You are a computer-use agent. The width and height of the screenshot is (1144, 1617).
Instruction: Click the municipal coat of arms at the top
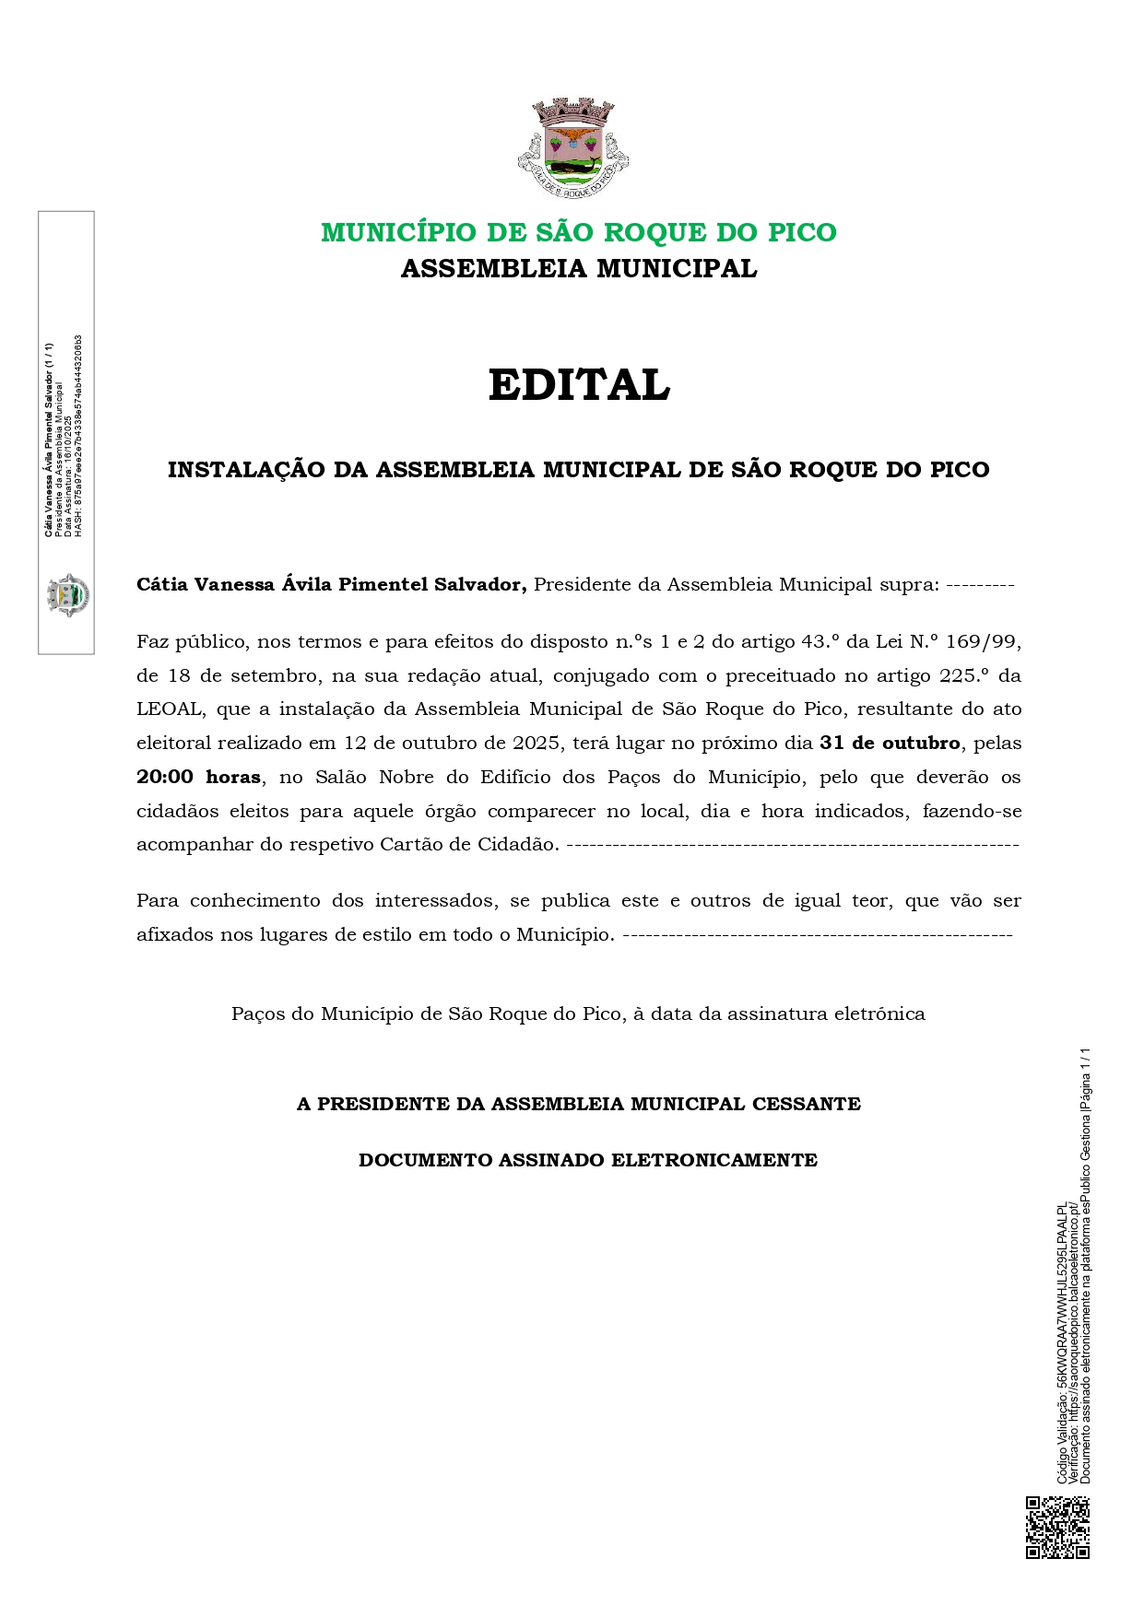click(x=573, y=147)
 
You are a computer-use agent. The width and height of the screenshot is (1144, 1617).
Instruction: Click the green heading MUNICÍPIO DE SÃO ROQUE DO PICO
click(x=579, y=232)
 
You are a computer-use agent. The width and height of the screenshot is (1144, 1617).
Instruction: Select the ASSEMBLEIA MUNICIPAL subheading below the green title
click(x=579, y=269)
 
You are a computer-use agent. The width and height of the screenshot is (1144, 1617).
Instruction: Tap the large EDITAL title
click(x=579, y=385)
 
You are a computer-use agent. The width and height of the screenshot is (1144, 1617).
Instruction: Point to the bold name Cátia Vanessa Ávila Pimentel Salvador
click(x=331, y=584)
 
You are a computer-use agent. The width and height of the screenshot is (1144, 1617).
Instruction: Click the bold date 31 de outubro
click(x=890, y=743)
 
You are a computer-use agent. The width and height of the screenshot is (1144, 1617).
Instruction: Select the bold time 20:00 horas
click(x=198, y=777)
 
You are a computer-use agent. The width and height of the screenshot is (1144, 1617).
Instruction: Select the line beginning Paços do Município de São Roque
click(x=578, y=1014)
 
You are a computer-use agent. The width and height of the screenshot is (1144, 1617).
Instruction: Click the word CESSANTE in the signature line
click(x=807, y=1104)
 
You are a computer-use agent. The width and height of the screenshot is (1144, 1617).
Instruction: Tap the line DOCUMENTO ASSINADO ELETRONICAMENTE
click(x=588, y=1160)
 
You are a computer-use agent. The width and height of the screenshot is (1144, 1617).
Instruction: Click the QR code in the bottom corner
click(x=1057, y=1527)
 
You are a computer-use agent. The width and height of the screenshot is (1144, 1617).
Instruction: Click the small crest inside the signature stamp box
click(x=67, y=594)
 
